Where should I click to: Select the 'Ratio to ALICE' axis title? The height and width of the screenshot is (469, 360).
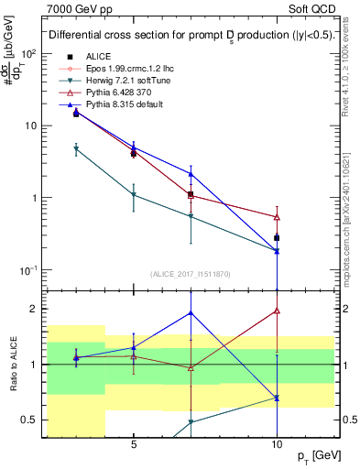(x=13, y=365)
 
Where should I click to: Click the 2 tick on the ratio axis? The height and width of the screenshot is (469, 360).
(x=37, y=309)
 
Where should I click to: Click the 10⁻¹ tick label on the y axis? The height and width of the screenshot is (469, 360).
(x=30, y=270)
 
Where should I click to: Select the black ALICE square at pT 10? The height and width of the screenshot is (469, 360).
(x=277, y=238)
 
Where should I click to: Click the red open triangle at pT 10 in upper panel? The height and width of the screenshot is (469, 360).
(x=277, y=217)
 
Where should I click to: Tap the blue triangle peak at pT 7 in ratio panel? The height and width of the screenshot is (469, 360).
(x=191, y=312)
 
